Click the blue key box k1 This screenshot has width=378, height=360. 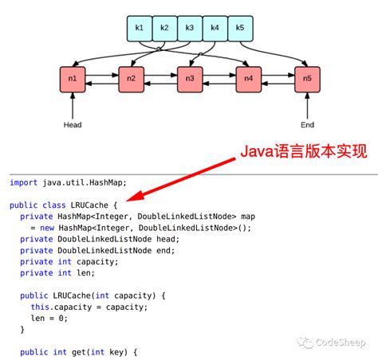tap(140, 29)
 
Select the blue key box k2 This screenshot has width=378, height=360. tap(164, 29)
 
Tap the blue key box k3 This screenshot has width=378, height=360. tap(190, 29)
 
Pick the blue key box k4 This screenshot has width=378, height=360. tap(215, 29)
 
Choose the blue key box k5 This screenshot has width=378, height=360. tap(239, 29)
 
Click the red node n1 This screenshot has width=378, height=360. tap(73, 79)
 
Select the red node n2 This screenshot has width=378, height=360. tap(132, 79)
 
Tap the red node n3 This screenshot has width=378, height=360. tap(190, 79)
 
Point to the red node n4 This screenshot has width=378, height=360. tap(249, 79)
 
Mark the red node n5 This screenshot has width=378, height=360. tap(307, 79)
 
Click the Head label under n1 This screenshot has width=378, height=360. tap(73, 125)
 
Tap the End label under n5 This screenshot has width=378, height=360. tap(307, 125)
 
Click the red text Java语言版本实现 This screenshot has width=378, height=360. tap(304, 151)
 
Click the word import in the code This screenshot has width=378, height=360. tap(25, 182)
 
